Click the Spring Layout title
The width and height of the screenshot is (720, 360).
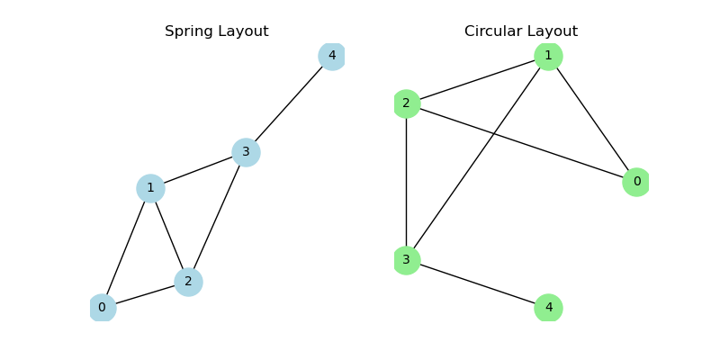[x=216, y=31]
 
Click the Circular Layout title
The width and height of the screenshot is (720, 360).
[x=521, y=31]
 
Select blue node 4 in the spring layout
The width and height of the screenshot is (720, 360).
[x=332, y=56]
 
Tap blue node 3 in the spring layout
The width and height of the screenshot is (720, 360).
[x=246, y=152]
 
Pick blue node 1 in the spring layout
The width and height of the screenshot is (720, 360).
[x=150, y=188]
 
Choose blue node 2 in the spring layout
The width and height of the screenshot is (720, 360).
[x=188, y=283]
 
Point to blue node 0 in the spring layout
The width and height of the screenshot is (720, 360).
[x=102, y=308]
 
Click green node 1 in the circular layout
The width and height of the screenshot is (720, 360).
[x=548, y=56]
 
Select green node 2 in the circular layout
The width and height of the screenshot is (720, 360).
[x=406, y=103]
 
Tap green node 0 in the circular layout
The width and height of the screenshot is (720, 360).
[x=636, y=182]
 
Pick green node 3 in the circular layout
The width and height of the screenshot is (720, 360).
[x=406, y=260]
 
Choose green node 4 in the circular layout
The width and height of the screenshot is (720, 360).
[x=548, y=308]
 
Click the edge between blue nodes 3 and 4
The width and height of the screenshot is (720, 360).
[x=289, y=104]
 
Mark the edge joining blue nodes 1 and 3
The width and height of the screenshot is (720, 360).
[x=198, y=170]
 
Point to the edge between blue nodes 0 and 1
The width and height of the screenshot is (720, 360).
[x=126, y=248]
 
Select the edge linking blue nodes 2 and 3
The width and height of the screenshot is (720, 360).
[x=217, y=217]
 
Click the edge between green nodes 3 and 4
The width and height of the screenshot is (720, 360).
[x=477, y=284]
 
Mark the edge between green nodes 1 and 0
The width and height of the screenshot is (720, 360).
[x=592, y=119]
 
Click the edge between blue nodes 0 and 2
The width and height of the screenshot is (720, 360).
[x=145, y=295]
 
